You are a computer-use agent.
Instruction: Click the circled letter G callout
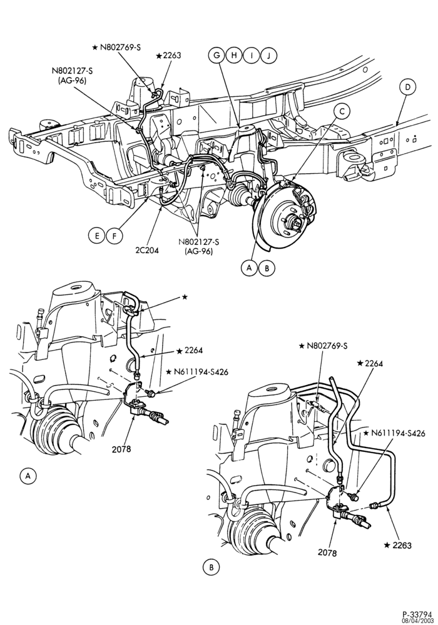click(x=217, y=56)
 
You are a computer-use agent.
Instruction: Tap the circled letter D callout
click(x=407, y=87)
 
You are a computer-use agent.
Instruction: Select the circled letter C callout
click(x=342, y=112)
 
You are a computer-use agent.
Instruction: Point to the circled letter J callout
click(x=269, y=56)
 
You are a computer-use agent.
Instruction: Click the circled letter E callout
click(x=96, y=236)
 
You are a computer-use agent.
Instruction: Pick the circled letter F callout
click(x=114, y=236)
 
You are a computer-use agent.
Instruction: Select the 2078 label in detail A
click(x=121, y=449)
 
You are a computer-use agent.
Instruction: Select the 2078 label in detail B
click(x=327, y=553)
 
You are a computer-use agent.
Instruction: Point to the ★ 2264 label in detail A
click(x=190, y=351)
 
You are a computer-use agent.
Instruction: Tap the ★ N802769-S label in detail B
click(x=323, y=346)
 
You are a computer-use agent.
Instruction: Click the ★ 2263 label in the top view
click(x=169, y=56)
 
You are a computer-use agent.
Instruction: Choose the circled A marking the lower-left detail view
click(x=27, y=476)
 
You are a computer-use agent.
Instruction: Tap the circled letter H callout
click(x=235, y=56)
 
